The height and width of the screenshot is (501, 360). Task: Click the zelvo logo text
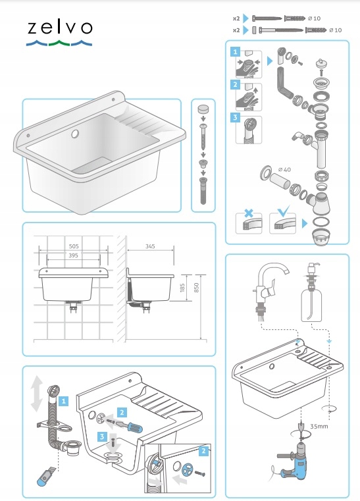[x=60, y=28]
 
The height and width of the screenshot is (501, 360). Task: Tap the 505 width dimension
[x=74, y=246]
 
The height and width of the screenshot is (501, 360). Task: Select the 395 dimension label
[x=73, y=255]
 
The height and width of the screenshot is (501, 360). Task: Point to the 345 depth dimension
[x=150, y=246]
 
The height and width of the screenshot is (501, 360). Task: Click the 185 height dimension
[x=182, y=288]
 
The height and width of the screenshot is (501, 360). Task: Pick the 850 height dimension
[x=196, y=288]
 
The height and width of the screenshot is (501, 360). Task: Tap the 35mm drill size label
[x=319, y=426]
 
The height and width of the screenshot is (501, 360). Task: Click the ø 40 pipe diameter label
[x=284, y=170]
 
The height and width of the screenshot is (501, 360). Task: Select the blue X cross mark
[x=249, y=213]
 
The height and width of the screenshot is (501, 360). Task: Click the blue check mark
[x=284, y=211]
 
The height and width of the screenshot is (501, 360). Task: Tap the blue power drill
[x=293, y=461]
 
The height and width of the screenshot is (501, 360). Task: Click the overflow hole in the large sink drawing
[x=75, y=134]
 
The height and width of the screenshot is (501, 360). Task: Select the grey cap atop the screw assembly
[x=203, y=109]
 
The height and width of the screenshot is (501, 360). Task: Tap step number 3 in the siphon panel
[x=235, y=118]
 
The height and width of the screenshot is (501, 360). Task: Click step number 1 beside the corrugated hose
[x=64, y=401]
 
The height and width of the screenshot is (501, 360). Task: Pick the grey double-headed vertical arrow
[x=37, y=393]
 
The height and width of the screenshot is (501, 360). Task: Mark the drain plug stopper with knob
[x=321, y=64]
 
